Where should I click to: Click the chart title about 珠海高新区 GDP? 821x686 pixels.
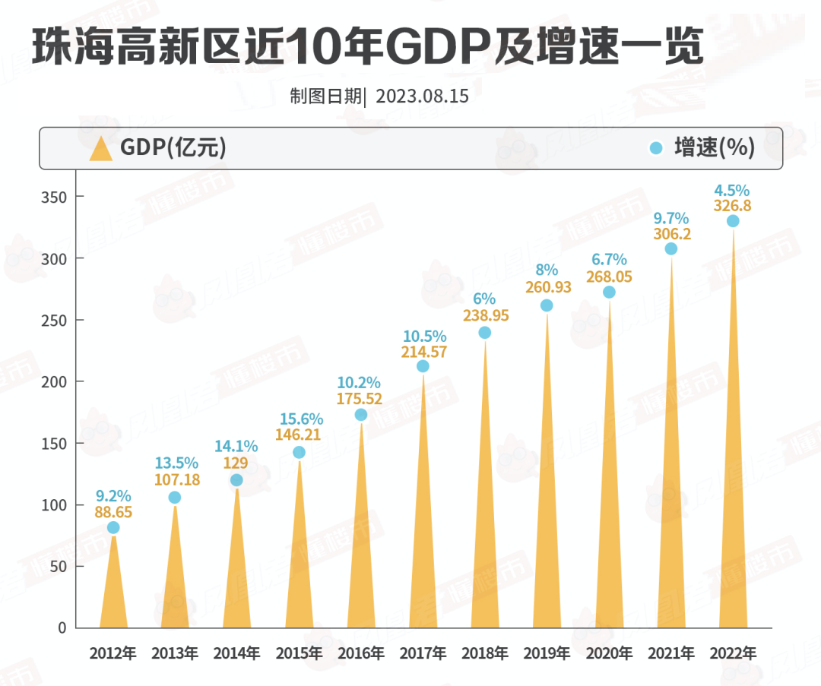[368, 48]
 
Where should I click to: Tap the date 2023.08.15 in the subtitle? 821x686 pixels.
[422, 97]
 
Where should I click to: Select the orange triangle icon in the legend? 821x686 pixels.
[100, 148]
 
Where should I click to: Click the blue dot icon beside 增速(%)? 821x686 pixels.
[656, 148]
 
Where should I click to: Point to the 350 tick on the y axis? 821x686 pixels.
[55, 197]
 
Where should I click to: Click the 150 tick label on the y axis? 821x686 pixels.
[55, 443]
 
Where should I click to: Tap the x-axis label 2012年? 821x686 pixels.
[113, 653]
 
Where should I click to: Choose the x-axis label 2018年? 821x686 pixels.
[484, 653]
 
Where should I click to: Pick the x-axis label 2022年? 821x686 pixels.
[732, 653]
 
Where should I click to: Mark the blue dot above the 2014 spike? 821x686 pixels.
[236, 480]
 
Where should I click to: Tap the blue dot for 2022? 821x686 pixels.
[733, 221]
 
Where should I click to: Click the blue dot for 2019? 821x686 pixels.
[547, 305]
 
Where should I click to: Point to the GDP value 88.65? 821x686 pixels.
[113, 513]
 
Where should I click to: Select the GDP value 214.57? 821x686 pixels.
[423, 352]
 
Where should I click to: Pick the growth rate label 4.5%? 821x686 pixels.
[732, 190]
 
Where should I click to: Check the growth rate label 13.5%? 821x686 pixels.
[176, 463]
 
